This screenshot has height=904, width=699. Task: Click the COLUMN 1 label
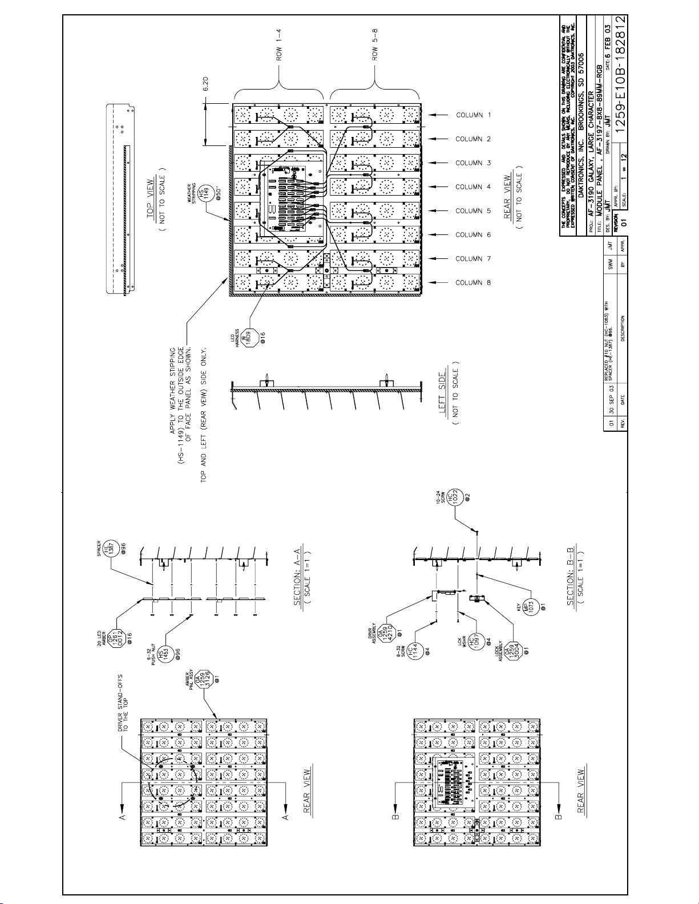pyautogui.click(x=473, y=115)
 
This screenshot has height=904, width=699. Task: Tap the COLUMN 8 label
pyautogui.click(x=473, y=283)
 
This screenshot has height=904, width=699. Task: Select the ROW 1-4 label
pyautogui.click(x=280, y=44)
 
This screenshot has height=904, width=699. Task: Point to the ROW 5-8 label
pyautogui.click(x=375, y=44)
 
